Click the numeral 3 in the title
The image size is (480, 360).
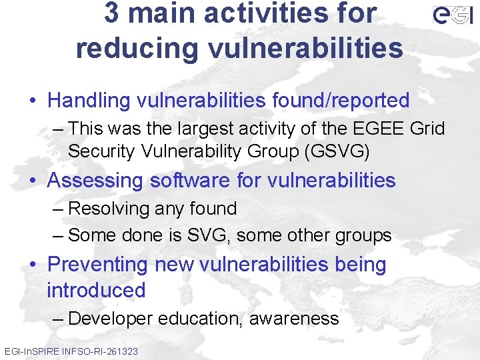point(112,13)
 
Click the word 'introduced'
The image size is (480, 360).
point(96,291)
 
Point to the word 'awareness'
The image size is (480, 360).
point(294,319)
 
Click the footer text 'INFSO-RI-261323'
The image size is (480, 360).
point(99,351)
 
